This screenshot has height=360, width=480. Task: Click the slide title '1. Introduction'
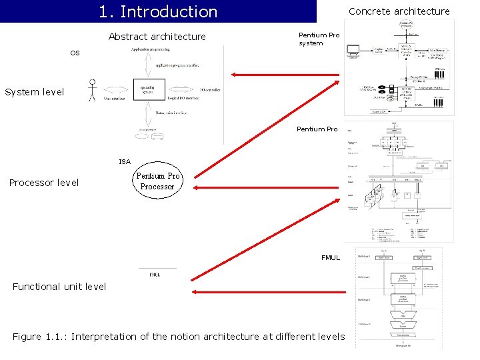pyautogui.click(x=158, y=12)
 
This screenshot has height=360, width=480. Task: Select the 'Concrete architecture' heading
pyautogui.click(x=399, y=11)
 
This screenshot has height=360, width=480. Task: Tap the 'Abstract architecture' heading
pyautogui.click(x=157, y=37)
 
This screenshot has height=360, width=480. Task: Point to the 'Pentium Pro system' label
pyautogui.click(x=319, y=39)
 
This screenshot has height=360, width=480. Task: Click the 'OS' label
pyautogui.click(x=75, y=53)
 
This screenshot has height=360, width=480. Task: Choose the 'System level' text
pyautogui.click(x=35, y=92)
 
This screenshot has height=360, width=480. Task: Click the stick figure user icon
pyautogui.click(x=93, y=91)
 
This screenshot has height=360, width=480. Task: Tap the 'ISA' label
pyautogui.click(x=125, y=161)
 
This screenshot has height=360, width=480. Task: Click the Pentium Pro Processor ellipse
pyautogui.click(x=157, y=181)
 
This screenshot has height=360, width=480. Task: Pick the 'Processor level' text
pyautogui.click(x=44, y=183)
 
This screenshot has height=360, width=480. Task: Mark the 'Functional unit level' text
pyautogui.click(x=59, y=287)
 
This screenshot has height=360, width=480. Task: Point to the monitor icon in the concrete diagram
pyautogui.click(x=352, y=51)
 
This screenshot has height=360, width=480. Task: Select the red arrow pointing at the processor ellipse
pyautogui.click(x=267, y=188)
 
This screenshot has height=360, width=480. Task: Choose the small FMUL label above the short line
pyautogui.click(x=155, y=274)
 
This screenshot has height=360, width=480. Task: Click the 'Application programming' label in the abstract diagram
pyautogui.click(x=150, y=49)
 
